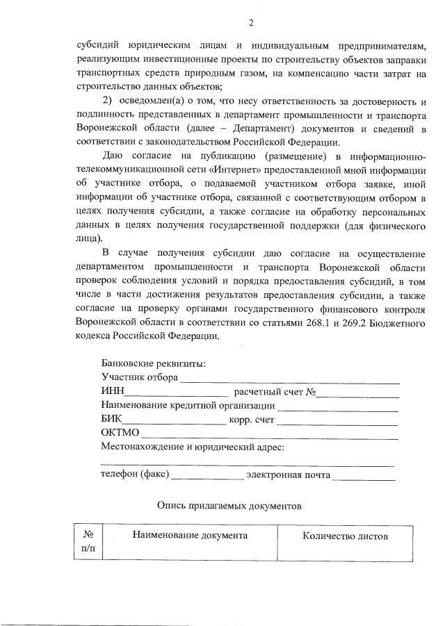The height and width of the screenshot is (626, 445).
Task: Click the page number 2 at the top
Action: click(x=251, y=24)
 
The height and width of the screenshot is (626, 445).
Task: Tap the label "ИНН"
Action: click(x=112, y=393)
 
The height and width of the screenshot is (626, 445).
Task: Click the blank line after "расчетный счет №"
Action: click(x=359, y=394)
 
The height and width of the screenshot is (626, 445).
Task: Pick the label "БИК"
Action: click(x=111, y=420)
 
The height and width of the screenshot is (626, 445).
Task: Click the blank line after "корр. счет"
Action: click(x=338, y=422)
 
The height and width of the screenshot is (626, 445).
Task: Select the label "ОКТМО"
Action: click(x=120, y=434)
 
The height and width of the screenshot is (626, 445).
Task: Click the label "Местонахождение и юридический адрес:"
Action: click(x=193, y=447)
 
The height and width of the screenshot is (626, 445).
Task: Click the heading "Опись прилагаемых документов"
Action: click(x=229, y=506)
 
